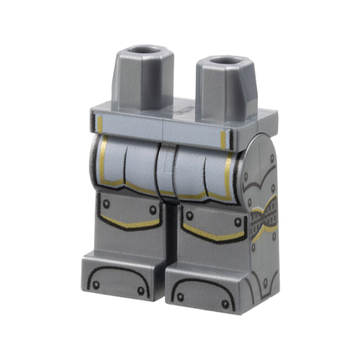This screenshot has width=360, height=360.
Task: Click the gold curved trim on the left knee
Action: (130, 225)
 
